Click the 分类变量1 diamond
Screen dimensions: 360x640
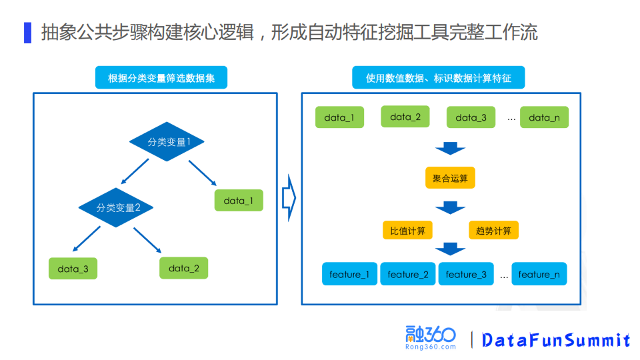(167, 141)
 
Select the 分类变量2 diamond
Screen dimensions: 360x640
(116, 207)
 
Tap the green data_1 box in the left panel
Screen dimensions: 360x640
(239, 201)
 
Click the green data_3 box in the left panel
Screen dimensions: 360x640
(73, 269)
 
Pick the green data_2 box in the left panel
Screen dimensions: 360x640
(184, 268)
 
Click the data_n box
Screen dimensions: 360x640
(544, 117)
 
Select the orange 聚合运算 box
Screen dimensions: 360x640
(450, 178)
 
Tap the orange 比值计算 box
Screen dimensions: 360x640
(407, 231)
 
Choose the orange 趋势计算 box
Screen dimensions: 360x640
(494, 231)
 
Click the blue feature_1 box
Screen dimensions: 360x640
(349, 274)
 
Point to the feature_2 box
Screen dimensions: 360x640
(408, 274)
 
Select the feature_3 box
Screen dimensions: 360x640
(466, 274)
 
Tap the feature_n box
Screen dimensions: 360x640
(539, 274)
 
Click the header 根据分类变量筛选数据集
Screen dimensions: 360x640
(161, 77)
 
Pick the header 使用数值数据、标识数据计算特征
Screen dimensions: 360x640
(438, 77)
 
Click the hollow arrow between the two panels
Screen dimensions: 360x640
(289, 198)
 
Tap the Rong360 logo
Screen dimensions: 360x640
(431, 338)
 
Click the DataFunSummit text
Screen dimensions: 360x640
(556, 340)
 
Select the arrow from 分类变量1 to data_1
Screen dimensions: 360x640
(202, 173)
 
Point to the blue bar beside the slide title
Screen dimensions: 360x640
(28, 32)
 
